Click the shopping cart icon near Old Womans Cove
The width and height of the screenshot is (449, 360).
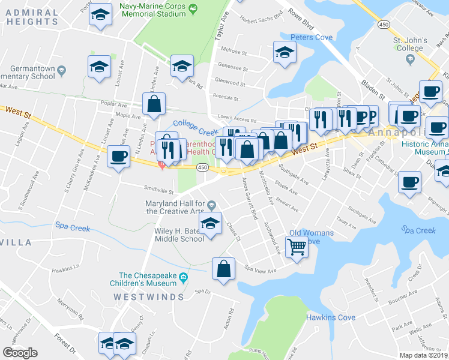pyautogui.click(x=297, y=246)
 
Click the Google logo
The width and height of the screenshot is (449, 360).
pyautogui.click(x=20, y=352)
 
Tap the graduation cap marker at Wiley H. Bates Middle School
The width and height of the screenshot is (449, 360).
pyautogui.click(x=210, y=223)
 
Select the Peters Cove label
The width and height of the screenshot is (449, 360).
pyautogui.click(x=311, y=38)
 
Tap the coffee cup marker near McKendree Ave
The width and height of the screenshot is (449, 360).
pyautogui.click(x=118, y=157)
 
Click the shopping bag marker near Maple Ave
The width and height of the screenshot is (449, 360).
pyautogui.click(x=154, y=103)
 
